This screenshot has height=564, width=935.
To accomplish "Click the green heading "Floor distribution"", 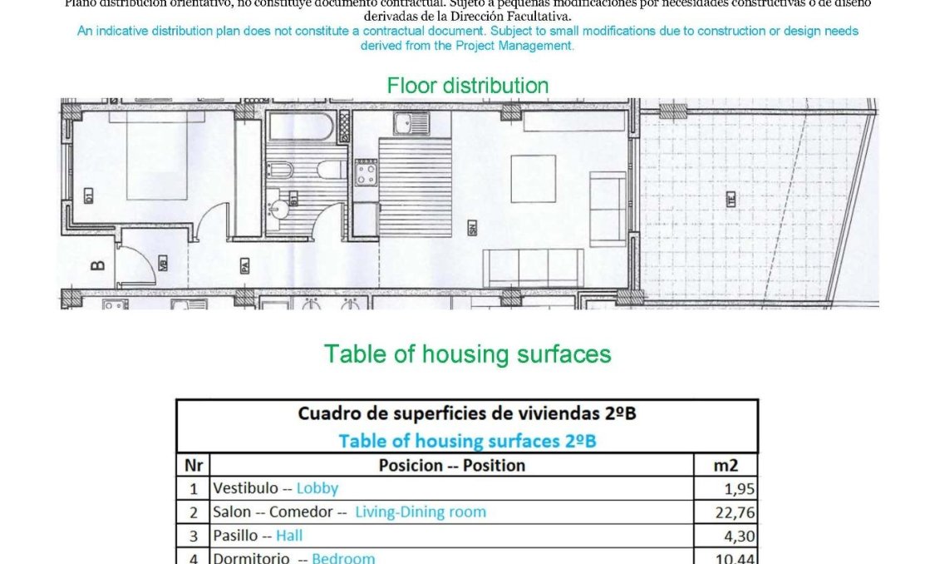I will (x=467, y=86).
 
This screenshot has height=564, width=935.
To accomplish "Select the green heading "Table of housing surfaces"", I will (x=467, y=354).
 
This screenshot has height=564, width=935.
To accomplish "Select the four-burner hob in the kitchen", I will (x=365, y=172).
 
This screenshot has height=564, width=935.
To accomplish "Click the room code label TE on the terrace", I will (x=731, y=200).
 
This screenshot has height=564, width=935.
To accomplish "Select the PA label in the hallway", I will (x=245, y=265).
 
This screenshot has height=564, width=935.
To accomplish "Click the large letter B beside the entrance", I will (x=97, y=266).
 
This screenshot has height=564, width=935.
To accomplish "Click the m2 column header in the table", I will (x=725, y=465).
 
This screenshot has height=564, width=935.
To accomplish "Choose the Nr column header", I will (x=193, y=465).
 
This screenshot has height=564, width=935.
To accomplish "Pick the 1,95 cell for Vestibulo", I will (x=740, y=489).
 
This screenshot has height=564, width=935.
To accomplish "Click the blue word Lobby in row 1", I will (x=317, y=488).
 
